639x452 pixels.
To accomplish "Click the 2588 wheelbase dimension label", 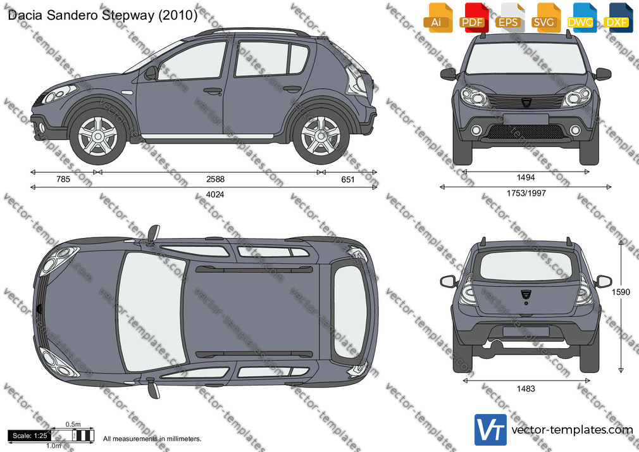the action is coord(215,179).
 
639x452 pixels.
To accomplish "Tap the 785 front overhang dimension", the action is coord(63,179).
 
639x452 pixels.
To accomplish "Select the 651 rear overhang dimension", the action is coord(347,180).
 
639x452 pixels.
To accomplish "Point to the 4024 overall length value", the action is coord(214,194).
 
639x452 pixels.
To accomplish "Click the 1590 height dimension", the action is coord(621,292).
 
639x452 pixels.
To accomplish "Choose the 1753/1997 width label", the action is coord(526,193).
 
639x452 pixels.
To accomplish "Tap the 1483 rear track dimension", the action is coord(526,389).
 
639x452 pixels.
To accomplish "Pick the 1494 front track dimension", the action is coord(526,177).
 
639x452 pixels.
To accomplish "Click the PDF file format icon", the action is coord(473,18).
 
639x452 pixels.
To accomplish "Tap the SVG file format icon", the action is coord(545,18).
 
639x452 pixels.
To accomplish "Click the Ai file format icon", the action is coord(438,18).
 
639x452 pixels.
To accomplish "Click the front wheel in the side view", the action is coord(97,136).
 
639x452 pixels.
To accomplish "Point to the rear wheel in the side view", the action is coord(321,136).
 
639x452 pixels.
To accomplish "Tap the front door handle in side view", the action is coord(213,91).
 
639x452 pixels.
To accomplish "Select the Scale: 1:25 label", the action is coord(30,436).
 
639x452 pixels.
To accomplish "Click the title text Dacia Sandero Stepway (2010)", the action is coord(102,15).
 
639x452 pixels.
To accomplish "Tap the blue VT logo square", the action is coord(490,430).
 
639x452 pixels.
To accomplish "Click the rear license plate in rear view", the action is coord(526,331).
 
